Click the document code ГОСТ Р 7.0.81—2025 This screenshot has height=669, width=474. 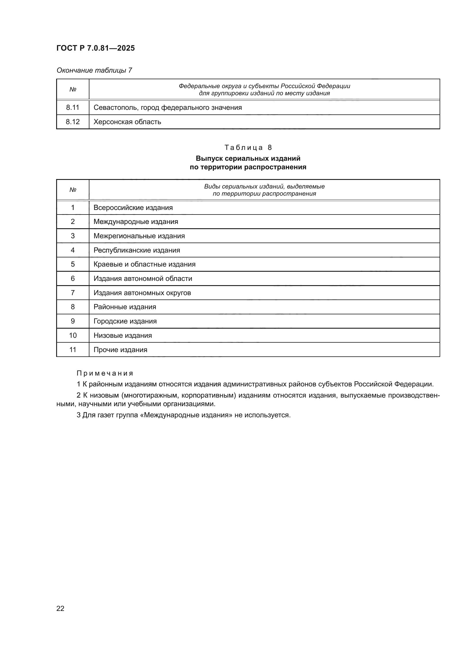pyautogui.click(x=95, y=48)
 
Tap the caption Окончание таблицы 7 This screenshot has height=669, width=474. pyautogui.click(x=94, y=70)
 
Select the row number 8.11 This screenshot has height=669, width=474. pyautogui.click(x=73, y=108)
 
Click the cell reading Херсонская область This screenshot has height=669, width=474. pyautogui.click(x=127, y=122)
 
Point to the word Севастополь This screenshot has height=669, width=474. pyautogui.click(x=115, y=108)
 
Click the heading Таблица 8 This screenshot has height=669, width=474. pyautogui.click(x=248, y=147)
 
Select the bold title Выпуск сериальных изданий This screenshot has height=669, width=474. pyautogui.click(x=248, y=158)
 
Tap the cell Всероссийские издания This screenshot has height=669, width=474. pyautogui.click(x=133, y=208)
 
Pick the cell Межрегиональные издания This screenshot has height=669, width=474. pyautogui.click(x=139, y=236)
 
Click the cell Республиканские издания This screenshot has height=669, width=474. pyautogui.click(x=137, y=250)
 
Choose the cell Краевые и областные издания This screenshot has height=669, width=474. pyautogui.click(x=144, y=264)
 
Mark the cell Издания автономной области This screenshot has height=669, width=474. pyautogui.click(x=143, y=279)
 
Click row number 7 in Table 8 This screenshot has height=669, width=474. pyautogui.click(x=73, y=293)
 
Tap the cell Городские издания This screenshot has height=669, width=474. pyautogui.click(x=125, y=321)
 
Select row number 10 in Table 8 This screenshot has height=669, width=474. pyautogui.click(x=73, y=336)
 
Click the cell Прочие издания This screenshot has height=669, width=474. pyautogui.click(x=120, y=350)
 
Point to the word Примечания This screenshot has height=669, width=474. pyautogui.click(x=105, y=373)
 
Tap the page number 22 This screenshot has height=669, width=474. pyautogui.click(x=60, y=608)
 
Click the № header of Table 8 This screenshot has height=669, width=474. pyautogui.click(x=73, y=190)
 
